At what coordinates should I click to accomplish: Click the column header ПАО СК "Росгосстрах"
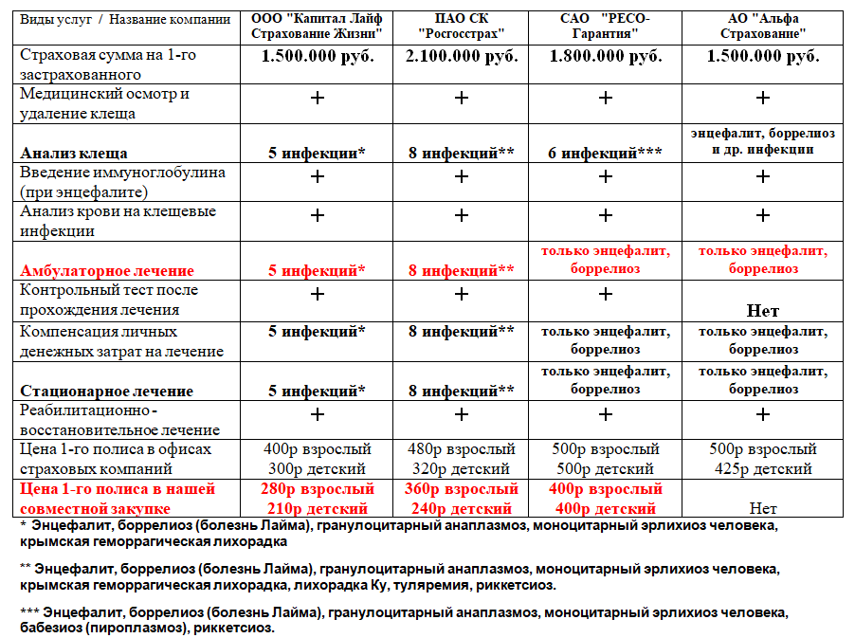pyautogui.click(x=461, y=26)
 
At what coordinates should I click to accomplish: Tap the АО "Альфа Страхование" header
pyautogui.click(x=763, y=26)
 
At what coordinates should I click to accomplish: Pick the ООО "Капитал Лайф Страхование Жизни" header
pyautogui.click(x=318, y=26)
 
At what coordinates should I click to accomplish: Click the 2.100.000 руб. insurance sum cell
pyautogui.click(x=462, y=56)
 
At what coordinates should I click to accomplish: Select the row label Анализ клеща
pyautogui.click(x=74, y=153)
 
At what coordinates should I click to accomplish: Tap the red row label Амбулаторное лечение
pyautogui.click(x=107, y=271)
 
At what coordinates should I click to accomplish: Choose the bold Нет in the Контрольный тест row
pyautogui.click(x=763, y=310)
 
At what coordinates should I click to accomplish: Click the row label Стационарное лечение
pyautogui.click(x=107, y=391)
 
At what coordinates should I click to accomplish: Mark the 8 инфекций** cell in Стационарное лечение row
pyautogui.click(x=462, y=391)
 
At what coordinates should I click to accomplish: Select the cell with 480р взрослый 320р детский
pyautogui.click(x=462, y=459)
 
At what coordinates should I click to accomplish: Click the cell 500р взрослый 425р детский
pyautogui.click(x=763, y=459)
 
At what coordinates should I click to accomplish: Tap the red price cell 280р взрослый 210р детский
pyautogui.click(x=318, y=499)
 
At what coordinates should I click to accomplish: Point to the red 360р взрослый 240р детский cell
pyautogui.click(x=462, y=499)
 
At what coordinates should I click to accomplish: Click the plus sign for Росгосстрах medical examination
pyautogui.click(x=462, y=98)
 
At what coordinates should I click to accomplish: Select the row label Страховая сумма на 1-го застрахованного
pyautogui.click(x=108, y=64)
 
